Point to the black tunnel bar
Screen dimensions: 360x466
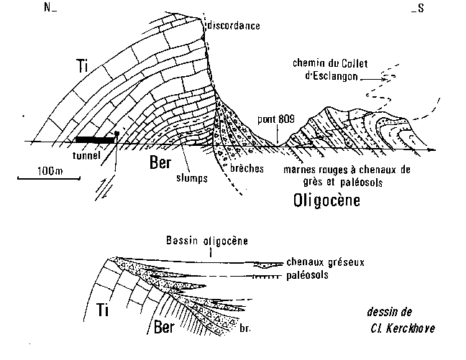tap(93, 137)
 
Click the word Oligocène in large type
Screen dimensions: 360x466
tap(326, 200)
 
